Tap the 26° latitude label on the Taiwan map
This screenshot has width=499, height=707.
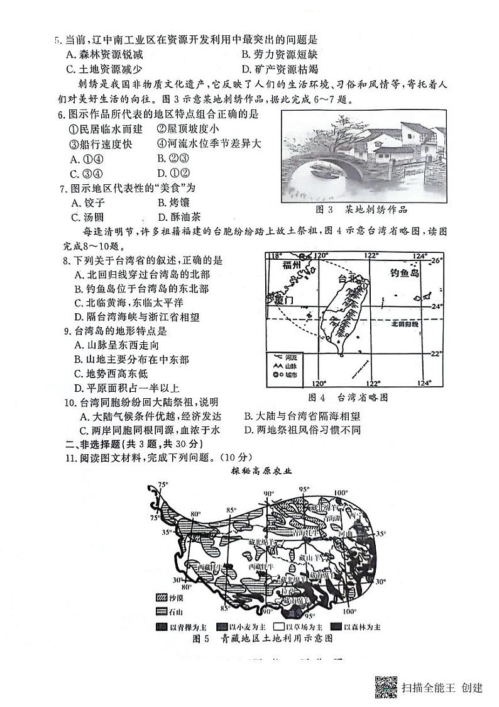point(437,260)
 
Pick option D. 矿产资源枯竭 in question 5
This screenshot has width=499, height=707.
point(280,69)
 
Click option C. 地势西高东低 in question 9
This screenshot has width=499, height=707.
point(117,374)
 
